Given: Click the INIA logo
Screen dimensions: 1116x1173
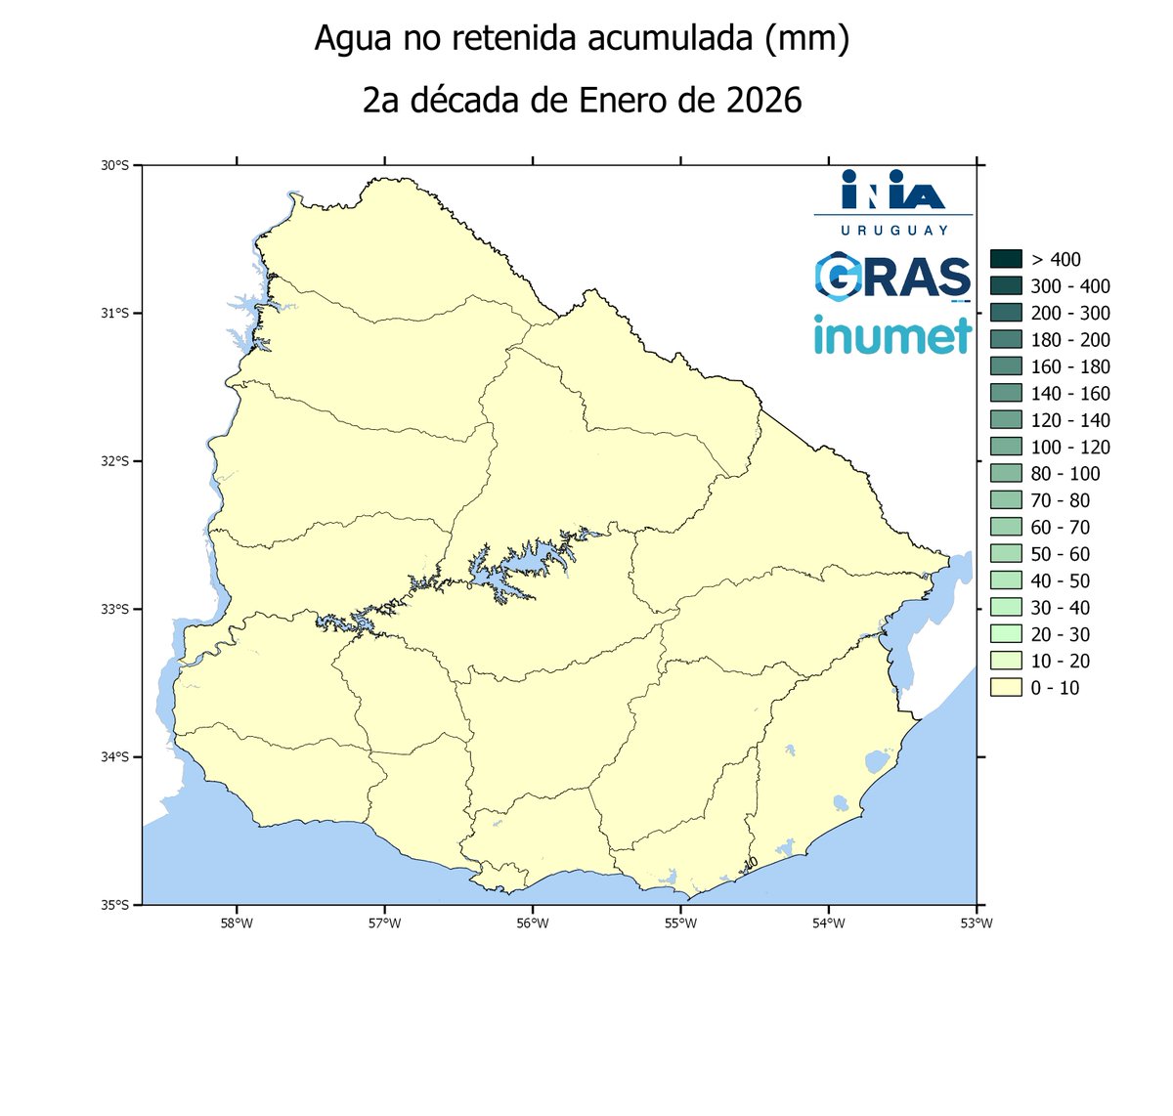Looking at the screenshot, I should tap(893, 191).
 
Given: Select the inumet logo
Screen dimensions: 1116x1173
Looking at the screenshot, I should tap(892, 335).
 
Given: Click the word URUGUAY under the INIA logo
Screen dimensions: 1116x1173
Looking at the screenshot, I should tap(893, 230).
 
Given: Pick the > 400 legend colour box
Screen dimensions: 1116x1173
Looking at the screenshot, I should tap(1006, 259).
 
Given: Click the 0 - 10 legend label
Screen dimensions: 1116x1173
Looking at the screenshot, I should tap(1055, 688).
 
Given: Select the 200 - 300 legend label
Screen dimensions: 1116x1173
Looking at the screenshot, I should tap(1070, 313).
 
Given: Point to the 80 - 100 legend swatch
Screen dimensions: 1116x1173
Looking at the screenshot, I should tap(1006, 474).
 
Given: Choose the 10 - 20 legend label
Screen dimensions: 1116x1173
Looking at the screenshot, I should tap(1060, 662).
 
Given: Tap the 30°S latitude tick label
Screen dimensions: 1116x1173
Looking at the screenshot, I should tap(115, 166).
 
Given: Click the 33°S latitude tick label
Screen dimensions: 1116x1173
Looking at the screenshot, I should tap(115, 609).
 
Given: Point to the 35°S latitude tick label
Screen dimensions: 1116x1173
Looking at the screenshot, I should tap(115, 905).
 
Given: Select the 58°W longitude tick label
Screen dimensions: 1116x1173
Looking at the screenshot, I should tap(237, 923).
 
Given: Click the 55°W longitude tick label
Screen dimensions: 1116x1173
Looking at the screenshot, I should tap(680, 923).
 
